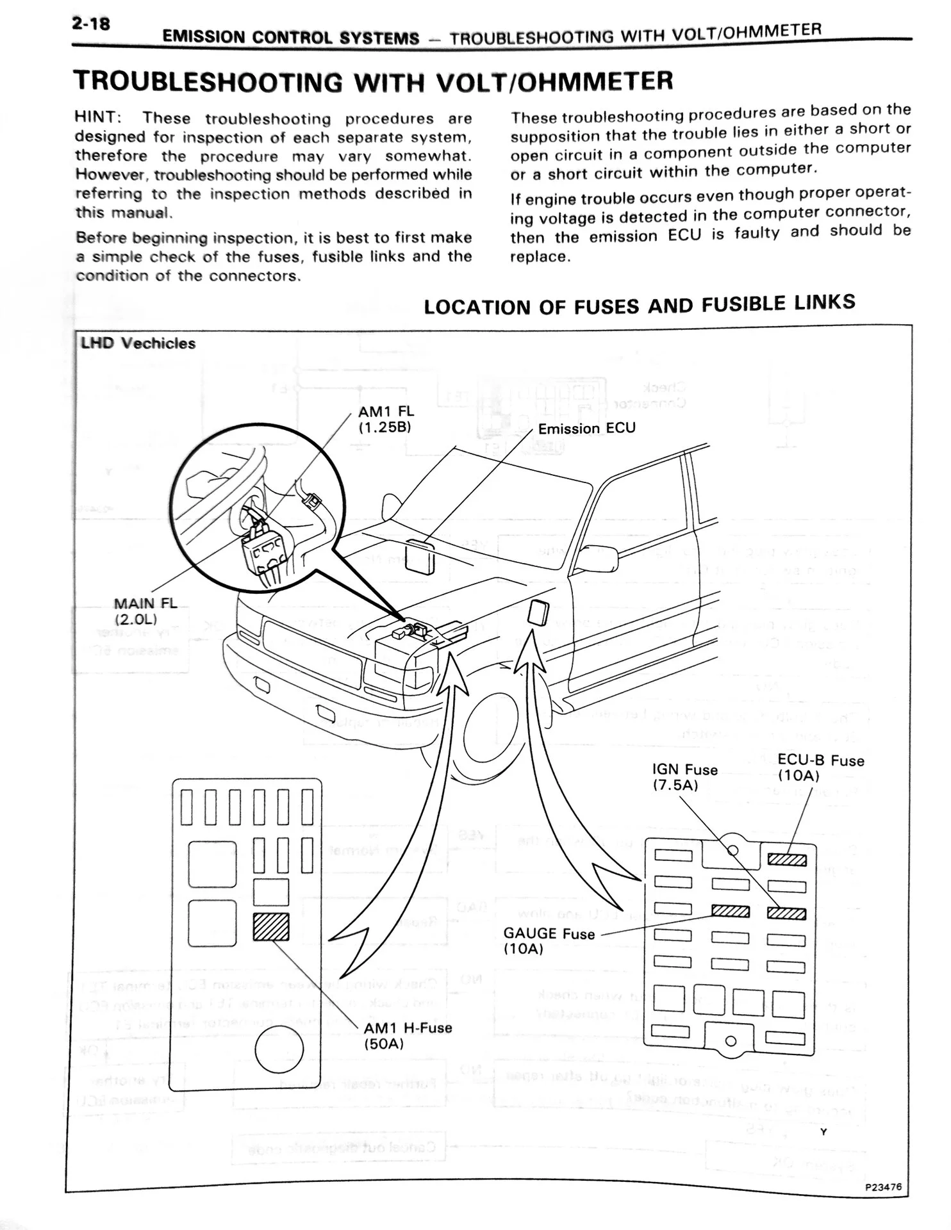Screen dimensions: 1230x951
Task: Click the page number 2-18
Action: tap(91, 24)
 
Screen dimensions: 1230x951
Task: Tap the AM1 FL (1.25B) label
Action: tap(385, 419)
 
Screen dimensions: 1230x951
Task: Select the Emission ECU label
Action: tap(586, 429)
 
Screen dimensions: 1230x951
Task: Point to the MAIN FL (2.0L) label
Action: tap(144, 611)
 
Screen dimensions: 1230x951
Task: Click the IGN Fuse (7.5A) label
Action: tap(684, 777)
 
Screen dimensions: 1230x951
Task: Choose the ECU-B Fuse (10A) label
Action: tap(820, 767)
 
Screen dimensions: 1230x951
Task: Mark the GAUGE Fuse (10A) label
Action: tap(549, 941)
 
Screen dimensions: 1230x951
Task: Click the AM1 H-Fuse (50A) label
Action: tap(408, 1036)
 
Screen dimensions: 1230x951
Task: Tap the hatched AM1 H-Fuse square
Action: tap(271, 927)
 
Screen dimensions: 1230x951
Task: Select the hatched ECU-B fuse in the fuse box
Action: tap(787, 860)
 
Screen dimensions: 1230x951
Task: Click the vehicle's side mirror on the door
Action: tap(597, 559)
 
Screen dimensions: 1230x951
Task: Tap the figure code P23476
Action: tap(882, 1186)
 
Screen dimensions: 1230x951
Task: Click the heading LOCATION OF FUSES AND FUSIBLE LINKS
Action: tap(639, 305)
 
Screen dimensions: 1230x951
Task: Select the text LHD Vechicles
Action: tap(138, 343)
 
